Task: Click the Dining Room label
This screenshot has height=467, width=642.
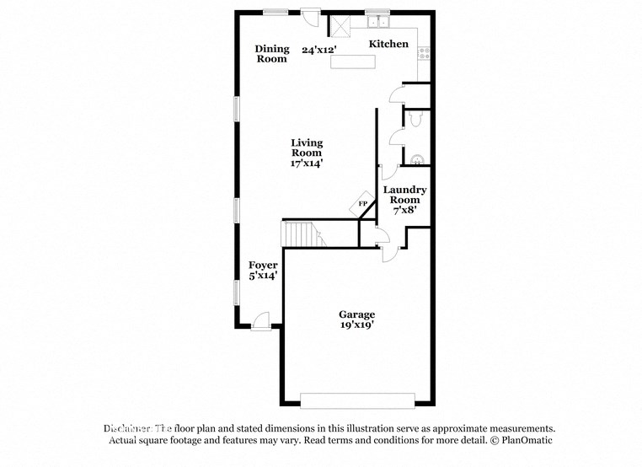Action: [x=272, y=54]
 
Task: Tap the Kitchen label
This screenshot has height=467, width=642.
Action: [x=388, y=44]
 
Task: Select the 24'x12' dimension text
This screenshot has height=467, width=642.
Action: [x=320, y=50]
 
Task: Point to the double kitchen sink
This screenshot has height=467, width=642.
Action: [x=376, y=21]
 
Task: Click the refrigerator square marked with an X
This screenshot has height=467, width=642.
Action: [x=340, y=27]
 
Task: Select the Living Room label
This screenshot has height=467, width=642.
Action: [x=307, y=148]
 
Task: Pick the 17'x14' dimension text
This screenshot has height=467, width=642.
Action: [x=308, y=164]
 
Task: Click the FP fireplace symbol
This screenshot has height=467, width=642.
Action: [x=363, y=204]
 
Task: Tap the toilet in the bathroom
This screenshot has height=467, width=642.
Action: [x=419, y=121]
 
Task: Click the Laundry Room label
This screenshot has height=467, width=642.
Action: [x=405, y=195]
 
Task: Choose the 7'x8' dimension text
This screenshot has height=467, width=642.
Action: [x=405, y=211]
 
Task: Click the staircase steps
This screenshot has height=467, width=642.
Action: [x=302, y=233]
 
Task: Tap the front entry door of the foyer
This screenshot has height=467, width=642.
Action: [x=261, y=323]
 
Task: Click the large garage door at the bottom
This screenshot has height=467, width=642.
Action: [x=359, y=400]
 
